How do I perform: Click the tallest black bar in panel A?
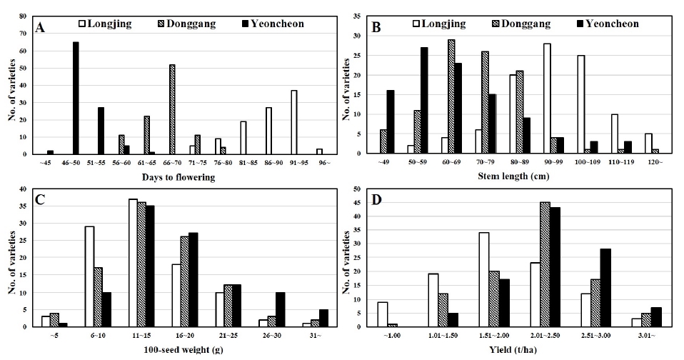(x=76, y=98)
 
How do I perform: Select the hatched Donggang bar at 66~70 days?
(x=172, y=109)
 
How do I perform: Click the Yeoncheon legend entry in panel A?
(x=272, y=24)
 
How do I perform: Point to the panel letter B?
(x=376, y=27)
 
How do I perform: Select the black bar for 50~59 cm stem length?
(x=424, y=101)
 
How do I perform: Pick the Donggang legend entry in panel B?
(x=521, y=24)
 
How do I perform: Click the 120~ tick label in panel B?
(x=655, y=162)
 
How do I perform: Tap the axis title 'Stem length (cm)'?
(x=514, y=176)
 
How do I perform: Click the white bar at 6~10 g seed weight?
(x=90, y=276)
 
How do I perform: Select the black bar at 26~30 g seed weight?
(x=281, y=309)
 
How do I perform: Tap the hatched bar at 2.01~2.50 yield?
(x=545, y=264)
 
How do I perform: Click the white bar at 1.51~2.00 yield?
(x=484, y=280)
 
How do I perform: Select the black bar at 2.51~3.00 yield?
(x=606, y=288)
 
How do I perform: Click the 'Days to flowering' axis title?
(x=178, y=177)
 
